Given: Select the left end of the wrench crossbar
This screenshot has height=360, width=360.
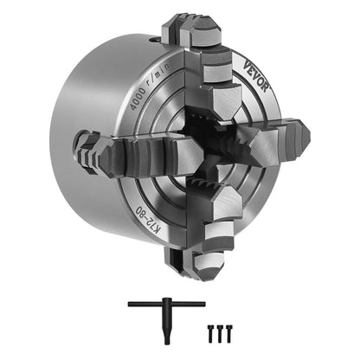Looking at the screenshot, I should click(132, 304).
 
